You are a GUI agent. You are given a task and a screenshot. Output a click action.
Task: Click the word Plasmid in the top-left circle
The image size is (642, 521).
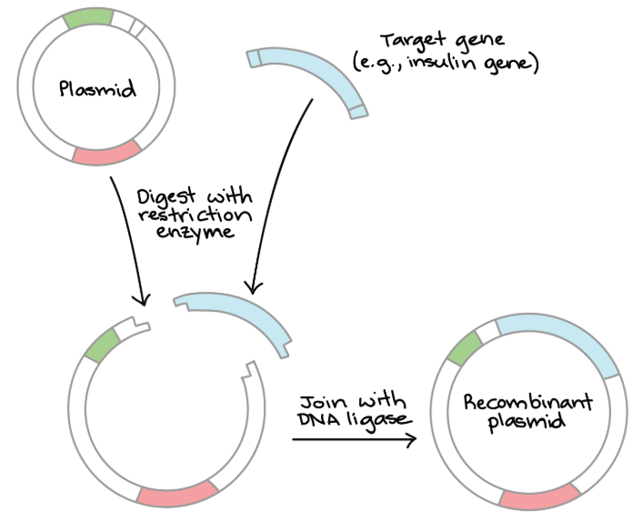[x=97, y=88]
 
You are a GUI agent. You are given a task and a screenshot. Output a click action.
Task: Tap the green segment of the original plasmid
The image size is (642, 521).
[x=88, y=18]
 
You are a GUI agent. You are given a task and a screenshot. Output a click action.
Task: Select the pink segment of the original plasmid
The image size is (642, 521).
[x=107, y=153]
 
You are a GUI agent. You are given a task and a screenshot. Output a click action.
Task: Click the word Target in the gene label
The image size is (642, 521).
[x=412, y=41]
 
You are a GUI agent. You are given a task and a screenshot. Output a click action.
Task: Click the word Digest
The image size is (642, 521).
[x=166, y=197]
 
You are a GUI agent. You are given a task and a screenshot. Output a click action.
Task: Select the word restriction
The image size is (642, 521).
[x=195, y=215]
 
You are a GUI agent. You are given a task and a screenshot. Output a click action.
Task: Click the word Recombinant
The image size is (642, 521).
[x=527, y=402]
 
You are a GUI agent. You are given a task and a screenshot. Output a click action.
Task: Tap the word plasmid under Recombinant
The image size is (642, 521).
[x=527, y=422]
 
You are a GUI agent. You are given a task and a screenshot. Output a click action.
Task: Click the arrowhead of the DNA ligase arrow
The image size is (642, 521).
[x=413, y=439]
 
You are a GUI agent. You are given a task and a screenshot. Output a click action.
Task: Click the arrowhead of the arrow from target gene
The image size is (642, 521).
[x=252, y=289]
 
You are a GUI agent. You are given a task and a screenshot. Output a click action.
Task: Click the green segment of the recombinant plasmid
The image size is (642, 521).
[x=466, y=348]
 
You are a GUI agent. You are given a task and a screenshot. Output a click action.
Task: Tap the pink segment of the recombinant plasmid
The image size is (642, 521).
[x=539, y=497]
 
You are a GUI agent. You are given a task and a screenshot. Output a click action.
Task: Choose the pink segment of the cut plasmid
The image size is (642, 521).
[x=178, y=495]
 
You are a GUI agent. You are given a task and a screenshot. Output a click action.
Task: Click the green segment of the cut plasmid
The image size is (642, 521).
[x=103, y=346]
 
